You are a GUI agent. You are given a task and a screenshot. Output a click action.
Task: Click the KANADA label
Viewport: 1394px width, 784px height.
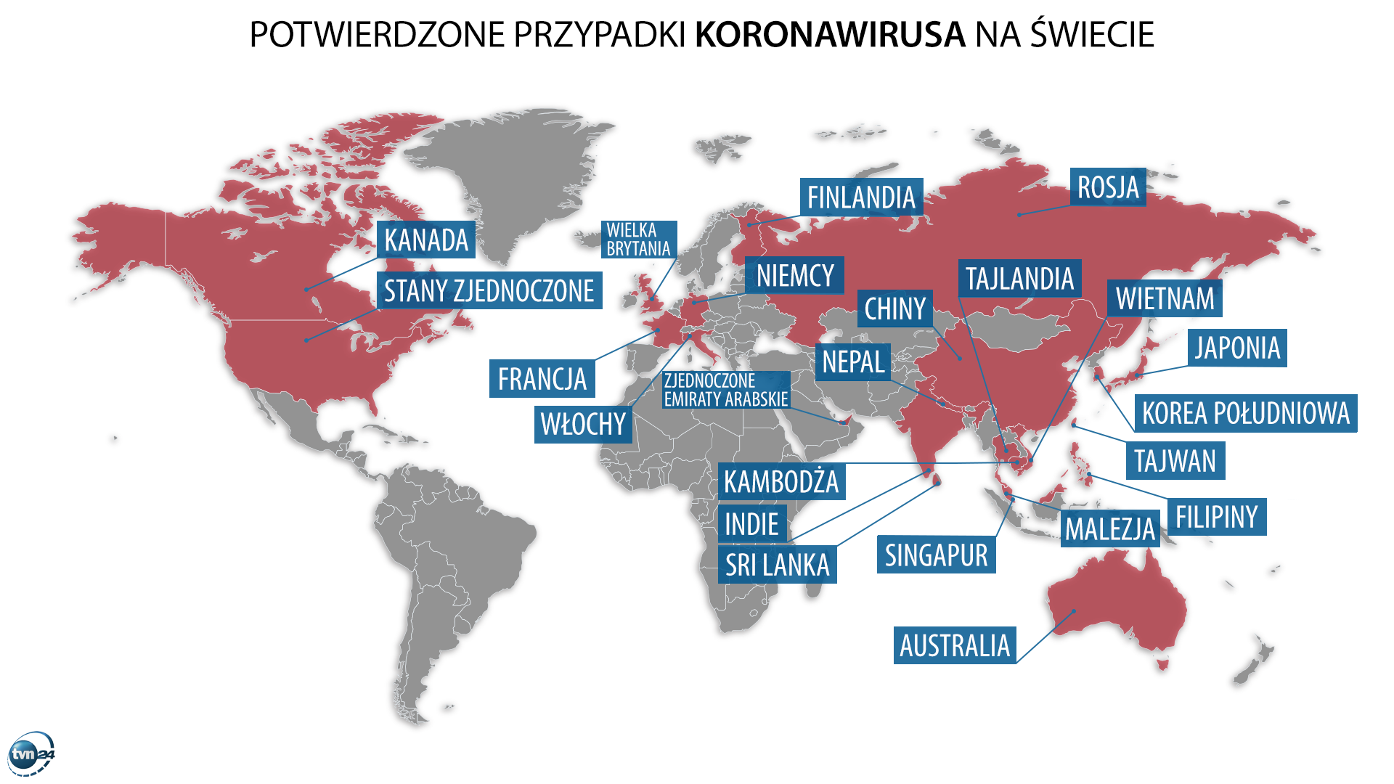(425, 240)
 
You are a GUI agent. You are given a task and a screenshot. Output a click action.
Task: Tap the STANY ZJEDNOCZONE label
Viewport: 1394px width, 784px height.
(489, 290)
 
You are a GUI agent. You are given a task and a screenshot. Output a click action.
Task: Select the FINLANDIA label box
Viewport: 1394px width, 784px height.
(861, 197)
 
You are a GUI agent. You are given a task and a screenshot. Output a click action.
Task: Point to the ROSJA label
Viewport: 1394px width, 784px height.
(1108, 187)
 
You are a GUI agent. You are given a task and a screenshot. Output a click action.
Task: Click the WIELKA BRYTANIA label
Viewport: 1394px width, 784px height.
(638, 240)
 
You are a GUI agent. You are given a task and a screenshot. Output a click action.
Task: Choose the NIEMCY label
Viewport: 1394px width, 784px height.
(795, 275)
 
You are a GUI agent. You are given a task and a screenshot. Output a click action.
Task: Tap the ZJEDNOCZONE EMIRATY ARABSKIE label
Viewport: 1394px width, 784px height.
(725, 390)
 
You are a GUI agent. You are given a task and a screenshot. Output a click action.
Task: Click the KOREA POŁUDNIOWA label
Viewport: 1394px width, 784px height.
(1245, 413)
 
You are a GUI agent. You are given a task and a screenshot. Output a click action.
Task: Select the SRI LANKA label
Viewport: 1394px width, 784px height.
(777, 565)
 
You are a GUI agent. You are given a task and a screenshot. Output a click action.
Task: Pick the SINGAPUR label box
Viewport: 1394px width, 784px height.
(936, 555)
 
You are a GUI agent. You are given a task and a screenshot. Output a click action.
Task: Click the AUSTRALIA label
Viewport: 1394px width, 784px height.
(954, 645)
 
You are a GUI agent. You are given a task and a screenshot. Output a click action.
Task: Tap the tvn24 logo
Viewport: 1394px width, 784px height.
(32, 755)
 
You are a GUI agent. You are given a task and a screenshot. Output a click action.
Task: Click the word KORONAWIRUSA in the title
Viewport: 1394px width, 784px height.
(830, 34)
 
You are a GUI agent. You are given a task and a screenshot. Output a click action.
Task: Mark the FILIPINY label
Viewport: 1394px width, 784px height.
(1216, 517)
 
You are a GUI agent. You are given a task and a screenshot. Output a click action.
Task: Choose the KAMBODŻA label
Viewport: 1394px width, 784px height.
(780, 481)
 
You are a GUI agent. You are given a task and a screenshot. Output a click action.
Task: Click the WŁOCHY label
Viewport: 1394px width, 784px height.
(583, 424)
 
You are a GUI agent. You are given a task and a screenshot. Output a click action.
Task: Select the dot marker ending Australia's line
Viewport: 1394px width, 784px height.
(1074, 611)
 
